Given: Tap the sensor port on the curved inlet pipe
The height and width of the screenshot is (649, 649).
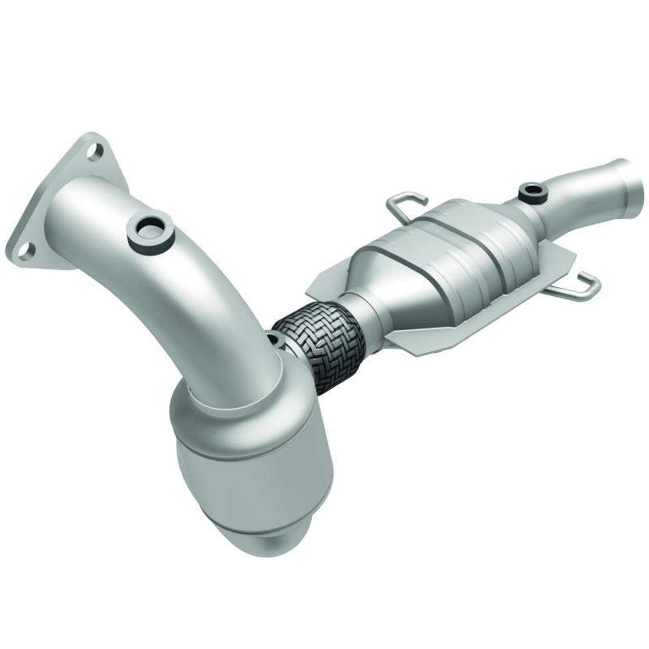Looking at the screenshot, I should pyautogui.click(x=150, y=230).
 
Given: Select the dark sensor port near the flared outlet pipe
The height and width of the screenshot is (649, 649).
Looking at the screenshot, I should pyautogui.click(x=533, y=192).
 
